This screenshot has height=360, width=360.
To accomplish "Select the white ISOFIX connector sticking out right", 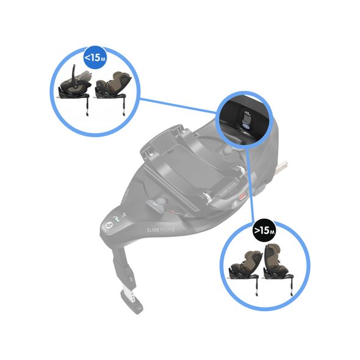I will click(282, 165).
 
